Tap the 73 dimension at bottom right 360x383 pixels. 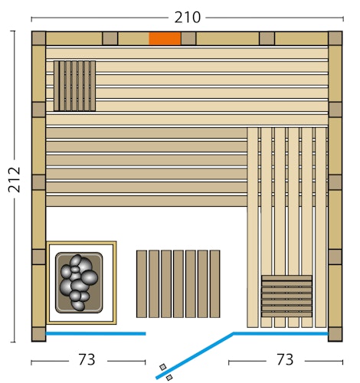(x=285, y=359)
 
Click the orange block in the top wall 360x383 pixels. (x=165, y=38)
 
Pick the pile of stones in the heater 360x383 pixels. (x=78, y=282)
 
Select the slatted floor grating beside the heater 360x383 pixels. (x=178, y=283)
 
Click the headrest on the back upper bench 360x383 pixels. (x=74, y=86)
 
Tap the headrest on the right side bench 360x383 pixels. (x=286, y=296)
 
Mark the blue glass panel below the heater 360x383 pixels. (x=95, y=334)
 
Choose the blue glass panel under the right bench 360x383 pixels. (x=280, y=334)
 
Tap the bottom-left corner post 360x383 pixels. (x=38, y=335)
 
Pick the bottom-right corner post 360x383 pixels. (x=335, y=335)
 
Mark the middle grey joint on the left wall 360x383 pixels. (x=38, y=183)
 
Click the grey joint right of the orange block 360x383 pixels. (x=188, y=38)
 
